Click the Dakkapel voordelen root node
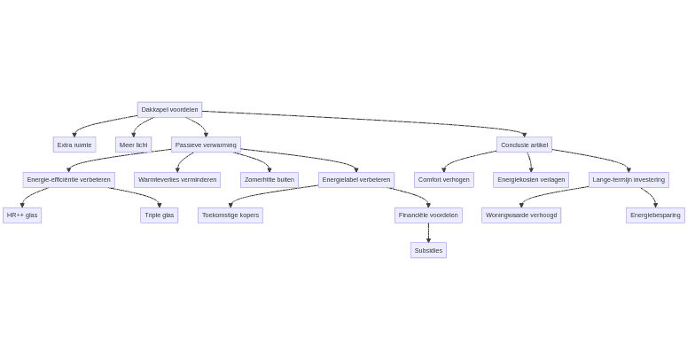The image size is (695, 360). tap(169, 110)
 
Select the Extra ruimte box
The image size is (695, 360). tap(74, 145)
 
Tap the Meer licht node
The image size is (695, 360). tap(133, 145)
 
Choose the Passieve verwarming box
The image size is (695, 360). tap(206, 145)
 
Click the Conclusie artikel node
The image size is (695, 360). tap(524, 145)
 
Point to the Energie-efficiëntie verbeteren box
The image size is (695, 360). tap(68, 180)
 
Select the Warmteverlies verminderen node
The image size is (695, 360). tap(177, 180)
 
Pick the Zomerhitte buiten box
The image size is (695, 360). tap(269, 180)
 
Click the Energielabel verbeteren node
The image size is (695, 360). tap(356, 180)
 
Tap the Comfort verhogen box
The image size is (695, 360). tap(443, 180)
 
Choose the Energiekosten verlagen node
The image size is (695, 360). tap(531, 180)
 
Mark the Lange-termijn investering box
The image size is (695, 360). tap(629, 180)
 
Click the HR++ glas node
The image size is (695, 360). tap(22, 215)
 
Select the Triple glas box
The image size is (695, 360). tap(160, 215)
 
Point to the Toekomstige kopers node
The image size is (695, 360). tap(230, 215)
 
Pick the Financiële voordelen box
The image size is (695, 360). tap(428, 215)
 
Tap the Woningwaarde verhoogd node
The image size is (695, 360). tap(521, 215)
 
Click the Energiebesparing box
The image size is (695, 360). tap(655, 215)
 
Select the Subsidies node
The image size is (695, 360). tap(428, 251)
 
